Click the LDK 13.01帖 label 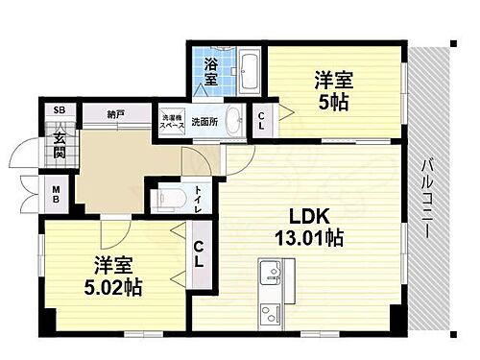[305, 226]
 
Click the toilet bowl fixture [172, 200]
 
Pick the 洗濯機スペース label [172, 121]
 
